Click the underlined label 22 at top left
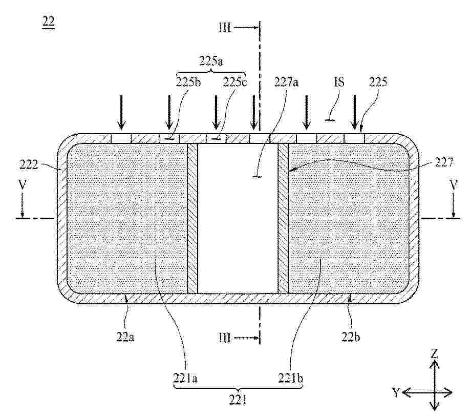(49, 22)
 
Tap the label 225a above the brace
(211, 61)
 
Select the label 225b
(188, 82)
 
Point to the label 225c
(235, 82)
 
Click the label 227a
(286, 82)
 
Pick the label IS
(339, 82)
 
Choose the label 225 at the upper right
(378, 82)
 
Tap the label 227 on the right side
(443, 163)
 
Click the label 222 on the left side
(29, 165)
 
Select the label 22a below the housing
(125, 337)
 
